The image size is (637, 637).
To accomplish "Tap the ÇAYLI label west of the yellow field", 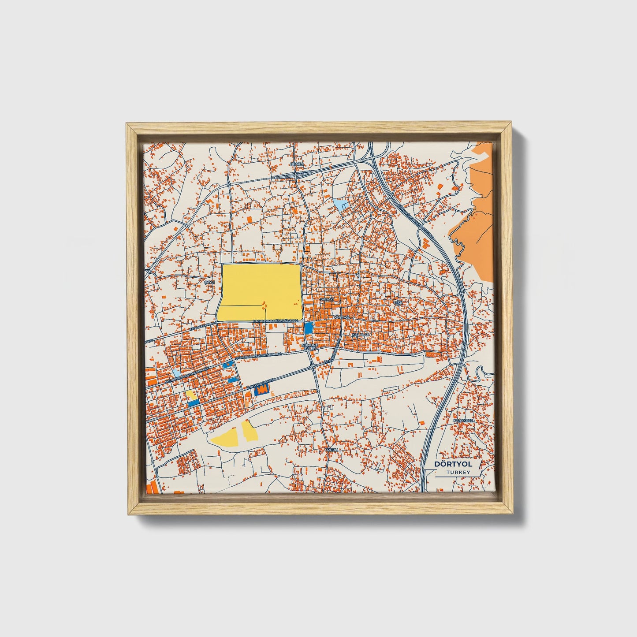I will click(x=209, y=281).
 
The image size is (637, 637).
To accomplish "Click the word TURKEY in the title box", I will click(x=458, y=472).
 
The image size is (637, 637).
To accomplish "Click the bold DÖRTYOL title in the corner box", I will click(x=453, y=464).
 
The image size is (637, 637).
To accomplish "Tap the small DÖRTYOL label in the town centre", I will click(x=341, y=317).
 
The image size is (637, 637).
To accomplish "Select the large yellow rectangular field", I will click(x=260, y=292).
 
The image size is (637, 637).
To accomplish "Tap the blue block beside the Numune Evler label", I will click(x=309, y=328).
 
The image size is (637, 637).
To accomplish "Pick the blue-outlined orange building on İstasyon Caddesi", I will click(x=263, y=390).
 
